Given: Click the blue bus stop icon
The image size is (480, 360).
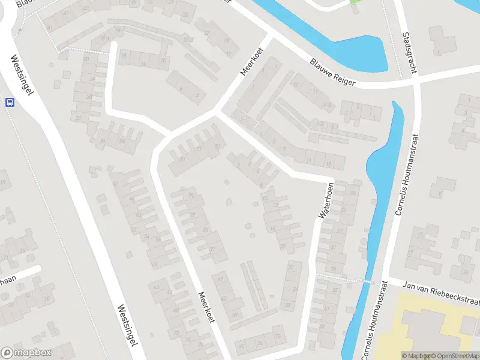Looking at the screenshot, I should [x=9, y=102].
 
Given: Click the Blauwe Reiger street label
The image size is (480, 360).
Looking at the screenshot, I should [x=333, y=71].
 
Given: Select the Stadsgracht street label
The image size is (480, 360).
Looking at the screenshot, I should [x=411, y=53].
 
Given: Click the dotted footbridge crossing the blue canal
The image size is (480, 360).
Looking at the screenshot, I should [x=362, y=280].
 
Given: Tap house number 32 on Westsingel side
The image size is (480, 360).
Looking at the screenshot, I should [x=79, y=118].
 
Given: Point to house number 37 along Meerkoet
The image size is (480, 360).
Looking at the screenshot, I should [x=212, y=250].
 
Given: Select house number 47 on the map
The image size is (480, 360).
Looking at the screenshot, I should [x=220, y=278].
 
